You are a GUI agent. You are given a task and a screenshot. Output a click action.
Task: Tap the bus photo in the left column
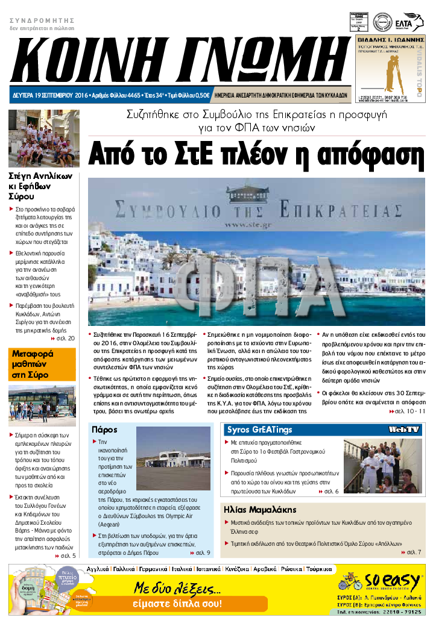point(42,404)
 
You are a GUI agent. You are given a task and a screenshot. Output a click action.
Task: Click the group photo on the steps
point(43,139)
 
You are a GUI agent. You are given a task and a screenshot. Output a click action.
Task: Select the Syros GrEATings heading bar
point(259,430)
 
